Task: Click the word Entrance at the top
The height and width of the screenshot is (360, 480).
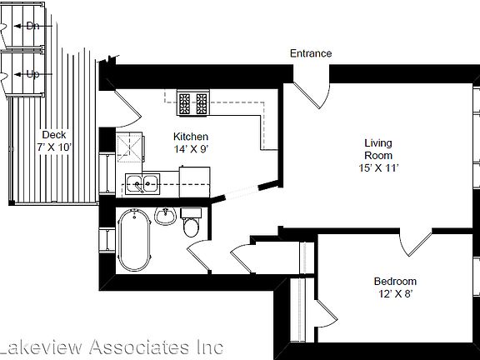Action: click(x=311, y=53)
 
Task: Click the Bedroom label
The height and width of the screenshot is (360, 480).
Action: click(x=394, y=282)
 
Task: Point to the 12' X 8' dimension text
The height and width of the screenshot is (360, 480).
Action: click(x=394, y=294)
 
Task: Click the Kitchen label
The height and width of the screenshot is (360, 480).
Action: click(x=190, y=137)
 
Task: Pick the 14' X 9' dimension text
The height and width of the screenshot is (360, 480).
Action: click(x=190, y=149)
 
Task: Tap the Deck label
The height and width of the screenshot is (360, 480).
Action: click(x=54, y=135)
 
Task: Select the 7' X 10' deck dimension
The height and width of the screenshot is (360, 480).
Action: click(x=54, y=147)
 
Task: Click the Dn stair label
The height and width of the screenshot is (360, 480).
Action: click(x=33, y=26)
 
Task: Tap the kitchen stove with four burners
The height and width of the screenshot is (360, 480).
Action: click(x=193, y=102)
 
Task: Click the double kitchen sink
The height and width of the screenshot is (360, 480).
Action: click(x=143, y=182)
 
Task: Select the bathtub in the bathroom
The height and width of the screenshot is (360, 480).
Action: click(x=133, y=239)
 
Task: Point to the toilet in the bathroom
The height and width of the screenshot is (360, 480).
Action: click(x=192, y=226)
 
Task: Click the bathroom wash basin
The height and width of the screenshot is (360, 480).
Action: click(x=164, y=217)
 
